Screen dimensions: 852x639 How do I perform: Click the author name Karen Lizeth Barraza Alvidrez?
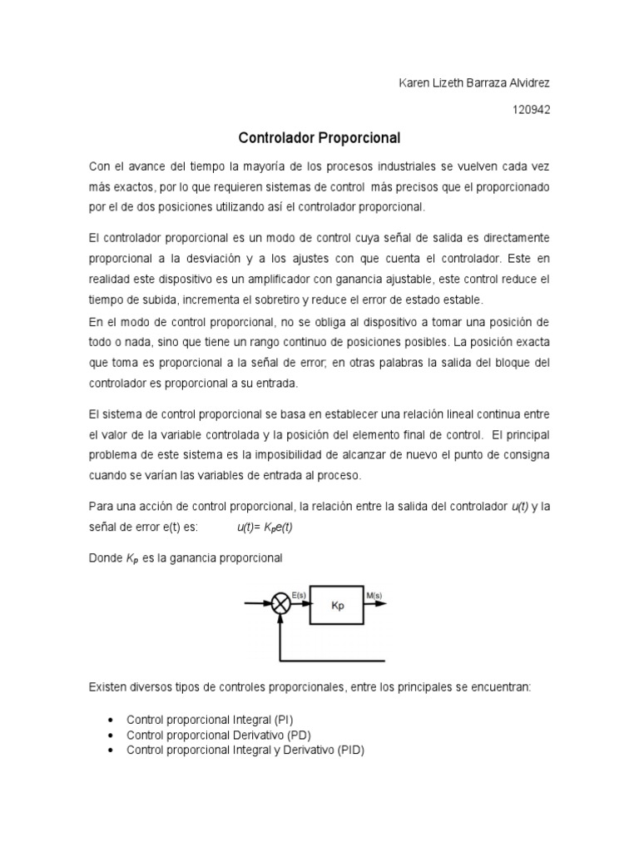pyautogui.click(x=471, y=84)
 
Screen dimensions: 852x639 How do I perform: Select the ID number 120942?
pyautogui.click(x=531, y=109)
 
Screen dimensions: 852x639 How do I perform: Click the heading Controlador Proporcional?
pyautogui.click(x=320, y=136)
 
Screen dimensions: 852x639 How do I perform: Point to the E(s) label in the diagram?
pyautogui.click(x=300, y=594)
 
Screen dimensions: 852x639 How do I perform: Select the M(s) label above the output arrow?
pyautogui.click(x=374, y=594)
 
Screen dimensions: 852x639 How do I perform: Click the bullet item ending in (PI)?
pyautogui.click(x=210, y=719)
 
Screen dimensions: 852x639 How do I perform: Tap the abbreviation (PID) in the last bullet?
pyautogui.click(x=350, y=750)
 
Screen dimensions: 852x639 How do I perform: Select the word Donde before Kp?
pyautogui.click(x=105, y=559)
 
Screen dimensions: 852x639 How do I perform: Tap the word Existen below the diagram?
pyautogui.click(x=108, y=688)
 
